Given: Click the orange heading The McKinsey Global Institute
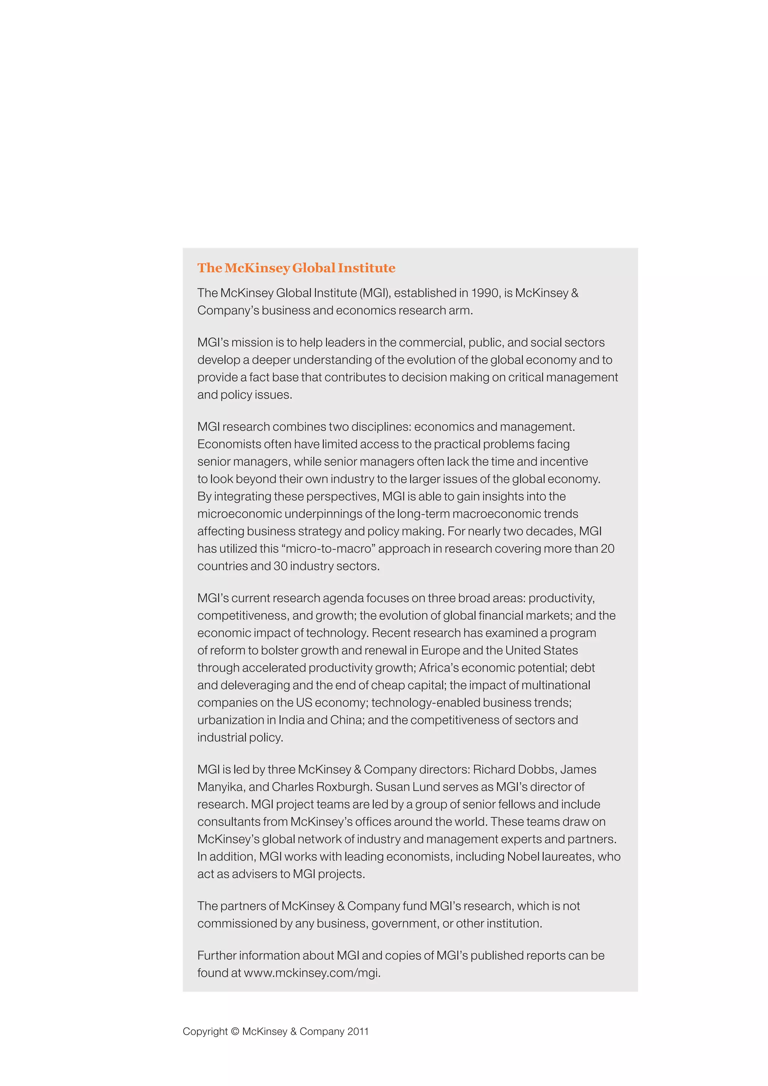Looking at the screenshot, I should [296, 268].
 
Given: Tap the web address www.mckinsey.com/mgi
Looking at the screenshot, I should [312, 973].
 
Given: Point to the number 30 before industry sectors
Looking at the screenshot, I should [280, 566].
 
